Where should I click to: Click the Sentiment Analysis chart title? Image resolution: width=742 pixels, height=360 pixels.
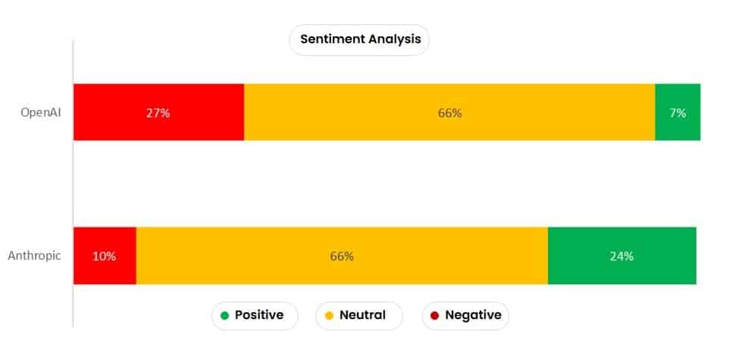pos(359,39)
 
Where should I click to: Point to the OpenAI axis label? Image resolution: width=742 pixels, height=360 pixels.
pos(41,113)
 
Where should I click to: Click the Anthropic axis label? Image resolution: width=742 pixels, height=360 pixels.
pos(34,256)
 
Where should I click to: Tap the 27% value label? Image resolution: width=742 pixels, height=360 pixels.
pos(158,113)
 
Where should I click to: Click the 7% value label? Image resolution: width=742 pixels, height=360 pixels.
pos(678,113)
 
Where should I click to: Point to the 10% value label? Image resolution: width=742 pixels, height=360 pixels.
pos(105,256)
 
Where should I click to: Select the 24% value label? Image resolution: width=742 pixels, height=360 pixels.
pos(621,256)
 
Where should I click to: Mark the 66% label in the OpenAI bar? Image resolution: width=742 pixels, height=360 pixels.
pos(449,113)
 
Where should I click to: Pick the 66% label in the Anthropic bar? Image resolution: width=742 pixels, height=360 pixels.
pos(342,256)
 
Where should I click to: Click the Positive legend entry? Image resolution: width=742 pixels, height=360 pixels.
pos(254,315)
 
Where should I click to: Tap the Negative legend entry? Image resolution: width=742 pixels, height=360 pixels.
pos(465,315)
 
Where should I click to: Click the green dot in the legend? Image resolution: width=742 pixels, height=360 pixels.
pos(224,315)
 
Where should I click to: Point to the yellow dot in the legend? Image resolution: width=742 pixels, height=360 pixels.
pos(329,315)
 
